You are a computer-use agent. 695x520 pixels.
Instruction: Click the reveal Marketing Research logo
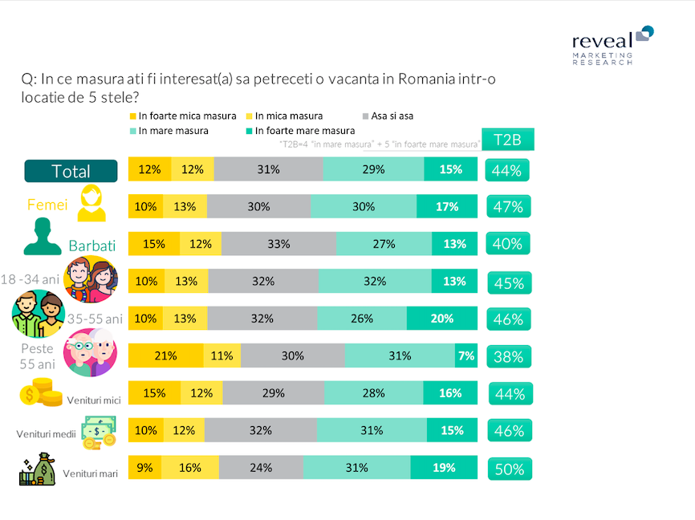tap(613, 46)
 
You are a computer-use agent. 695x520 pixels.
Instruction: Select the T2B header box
tap(508, 140)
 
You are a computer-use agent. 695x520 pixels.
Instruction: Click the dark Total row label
tap(71, 171)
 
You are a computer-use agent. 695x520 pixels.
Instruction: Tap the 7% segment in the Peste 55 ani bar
tap(465, 355)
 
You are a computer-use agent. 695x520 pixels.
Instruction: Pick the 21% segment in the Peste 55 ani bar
tap(166, 355)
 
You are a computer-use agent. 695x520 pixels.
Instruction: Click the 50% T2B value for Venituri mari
tap(510, 469)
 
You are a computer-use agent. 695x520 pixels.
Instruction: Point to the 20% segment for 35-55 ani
tap(442, 319)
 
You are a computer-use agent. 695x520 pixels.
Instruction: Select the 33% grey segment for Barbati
tap(278, 244)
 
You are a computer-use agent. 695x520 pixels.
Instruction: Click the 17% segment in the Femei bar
tap(447, 206)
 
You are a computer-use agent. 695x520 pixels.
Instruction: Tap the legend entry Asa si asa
tap(388, 116)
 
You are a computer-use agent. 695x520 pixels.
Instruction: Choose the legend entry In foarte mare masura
tap(300, 131)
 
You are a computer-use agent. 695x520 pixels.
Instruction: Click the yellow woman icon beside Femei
tap(91, 203)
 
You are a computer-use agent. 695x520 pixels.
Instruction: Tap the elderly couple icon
tap(91, 352)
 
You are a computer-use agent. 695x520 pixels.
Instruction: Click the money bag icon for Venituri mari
tap(37, 469)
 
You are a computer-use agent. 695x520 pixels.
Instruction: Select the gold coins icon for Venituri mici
tap(41, 392)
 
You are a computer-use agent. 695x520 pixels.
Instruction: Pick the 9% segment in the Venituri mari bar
tap(145, 467)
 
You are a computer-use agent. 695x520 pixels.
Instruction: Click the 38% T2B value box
tap(509, 356)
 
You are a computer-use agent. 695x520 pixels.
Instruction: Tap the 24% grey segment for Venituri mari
tap(261, 467)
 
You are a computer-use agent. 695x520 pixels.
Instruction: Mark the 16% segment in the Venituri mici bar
tap(450, 392)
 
